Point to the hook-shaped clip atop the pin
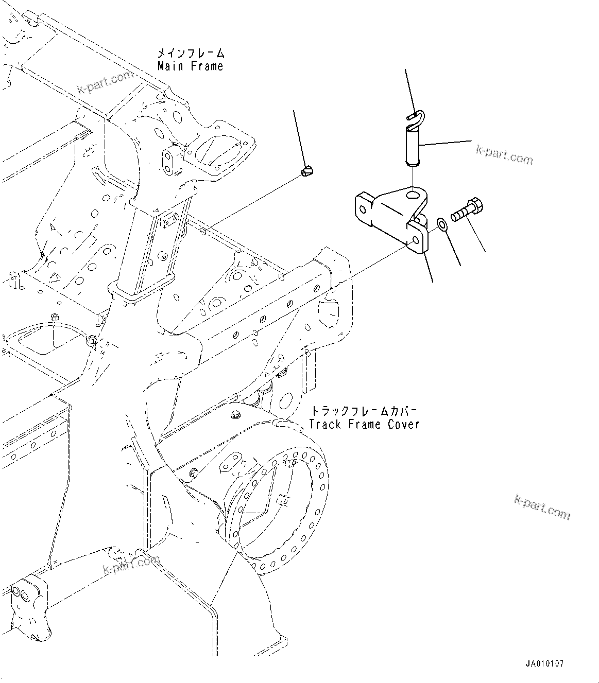pos(415,116)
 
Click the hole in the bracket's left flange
pos(364,209)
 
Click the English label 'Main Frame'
pos(191,66)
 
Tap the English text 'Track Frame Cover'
pos(364,424)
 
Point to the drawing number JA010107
pos(545,664)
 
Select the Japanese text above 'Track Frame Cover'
pos(364,411)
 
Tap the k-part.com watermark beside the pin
pos(504,153)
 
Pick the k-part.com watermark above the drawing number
pos(542,506)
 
